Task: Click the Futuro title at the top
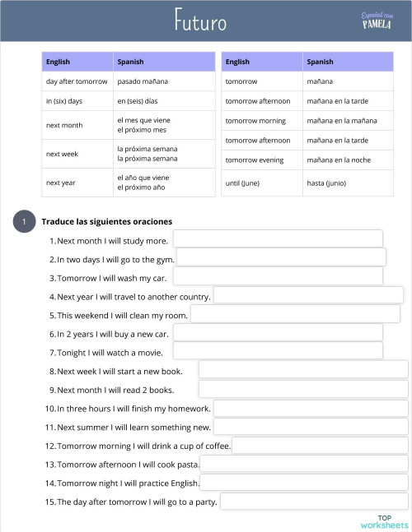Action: coord(200,21)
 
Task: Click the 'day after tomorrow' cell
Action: coord(77,81)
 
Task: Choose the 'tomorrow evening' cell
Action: coord(254,160)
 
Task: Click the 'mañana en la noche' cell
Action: coord(338,160)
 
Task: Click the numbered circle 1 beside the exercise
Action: coord(25,222)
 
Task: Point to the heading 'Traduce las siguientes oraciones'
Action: coord(107,222)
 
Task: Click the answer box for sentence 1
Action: coord(278,238)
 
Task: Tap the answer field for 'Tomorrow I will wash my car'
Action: coord(278,276)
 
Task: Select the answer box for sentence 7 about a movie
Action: coord(278,351)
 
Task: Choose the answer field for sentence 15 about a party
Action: coord(314,502)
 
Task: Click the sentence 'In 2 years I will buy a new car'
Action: coord(112,334)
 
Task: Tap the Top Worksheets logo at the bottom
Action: coord(384,521)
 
